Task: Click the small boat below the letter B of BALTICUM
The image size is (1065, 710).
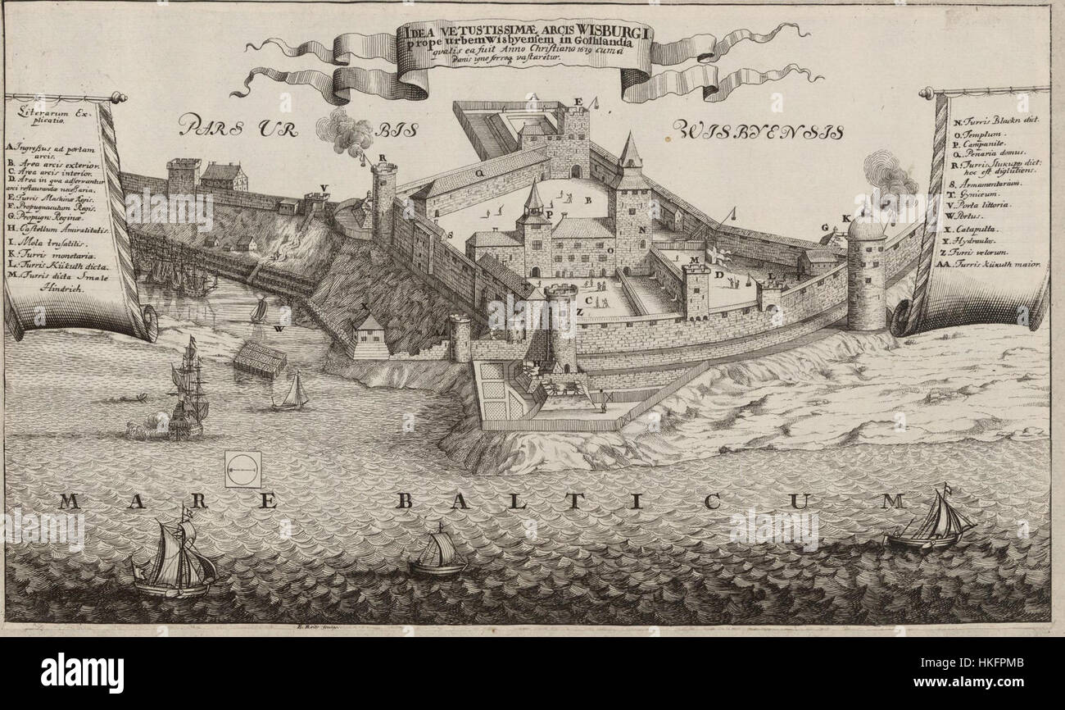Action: click(438, 553)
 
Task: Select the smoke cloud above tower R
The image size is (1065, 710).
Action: click(346, 134)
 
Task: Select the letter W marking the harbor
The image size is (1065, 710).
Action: click(279, 330)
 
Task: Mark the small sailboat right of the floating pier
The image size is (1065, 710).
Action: click(292, 393)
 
